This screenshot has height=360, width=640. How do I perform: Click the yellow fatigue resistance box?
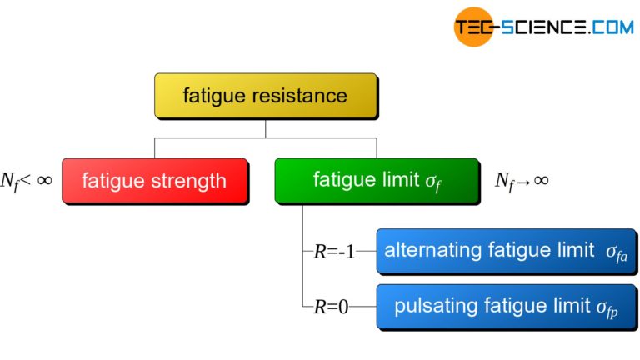point(265,95)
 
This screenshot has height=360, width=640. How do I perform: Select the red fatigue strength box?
point(154,180)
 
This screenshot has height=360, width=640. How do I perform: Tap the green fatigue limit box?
point(377,180)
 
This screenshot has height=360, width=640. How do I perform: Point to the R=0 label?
point(331,307)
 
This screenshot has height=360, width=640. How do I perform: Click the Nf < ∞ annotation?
point(27,179)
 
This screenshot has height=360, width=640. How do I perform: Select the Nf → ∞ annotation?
point(522,181)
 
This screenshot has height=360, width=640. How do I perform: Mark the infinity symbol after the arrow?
point(540,180)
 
